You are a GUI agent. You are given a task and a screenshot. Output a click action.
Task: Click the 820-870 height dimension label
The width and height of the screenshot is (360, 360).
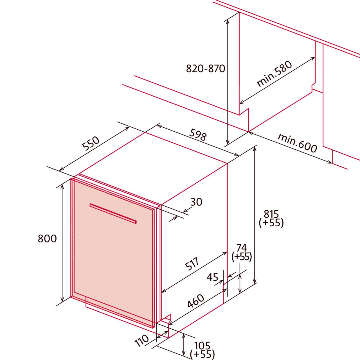tap(206, 69)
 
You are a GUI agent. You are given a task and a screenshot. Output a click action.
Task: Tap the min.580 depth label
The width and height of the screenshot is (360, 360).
tap(274, 74)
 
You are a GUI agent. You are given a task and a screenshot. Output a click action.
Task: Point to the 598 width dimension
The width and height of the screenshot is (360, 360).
tap(198, 134)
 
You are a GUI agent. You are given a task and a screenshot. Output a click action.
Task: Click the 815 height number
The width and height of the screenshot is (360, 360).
tap(271, 214)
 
